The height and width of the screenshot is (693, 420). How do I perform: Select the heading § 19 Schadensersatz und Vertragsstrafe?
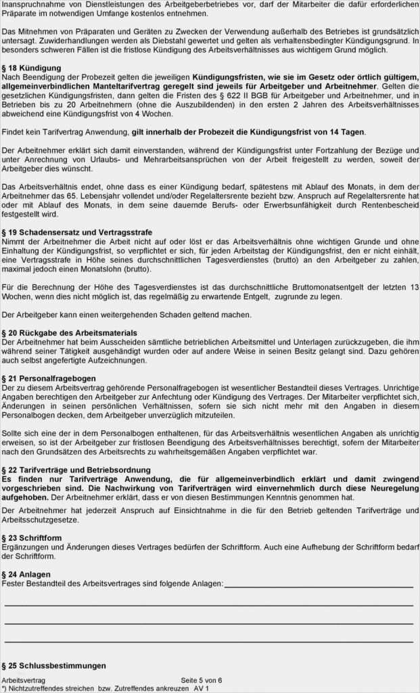coord(77,232)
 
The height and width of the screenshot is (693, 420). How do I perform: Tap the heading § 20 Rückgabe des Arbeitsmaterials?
coord(69,333)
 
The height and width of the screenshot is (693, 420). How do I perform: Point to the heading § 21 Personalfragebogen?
coord(49,378)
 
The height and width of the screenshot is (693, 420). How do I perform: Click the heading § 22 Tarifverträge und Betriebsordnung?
coord(76,470)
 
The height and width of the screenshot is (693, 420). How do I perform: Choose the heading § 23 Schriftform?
coord(32,538)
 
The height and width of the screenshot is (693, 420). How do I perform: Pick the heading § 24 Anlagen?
coord(26,574)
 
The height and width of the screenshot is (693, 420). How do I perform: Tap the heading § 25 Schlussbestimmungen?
coord(53,665)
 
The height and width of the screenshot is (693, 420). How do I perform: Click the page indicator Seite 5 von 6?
coord(202,680)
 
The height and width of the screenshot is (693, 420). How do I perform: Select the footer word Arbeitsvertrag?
coord(24,680)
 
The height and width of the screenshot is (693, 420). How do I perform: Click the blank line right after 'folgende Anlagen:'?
coord(318,584)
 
